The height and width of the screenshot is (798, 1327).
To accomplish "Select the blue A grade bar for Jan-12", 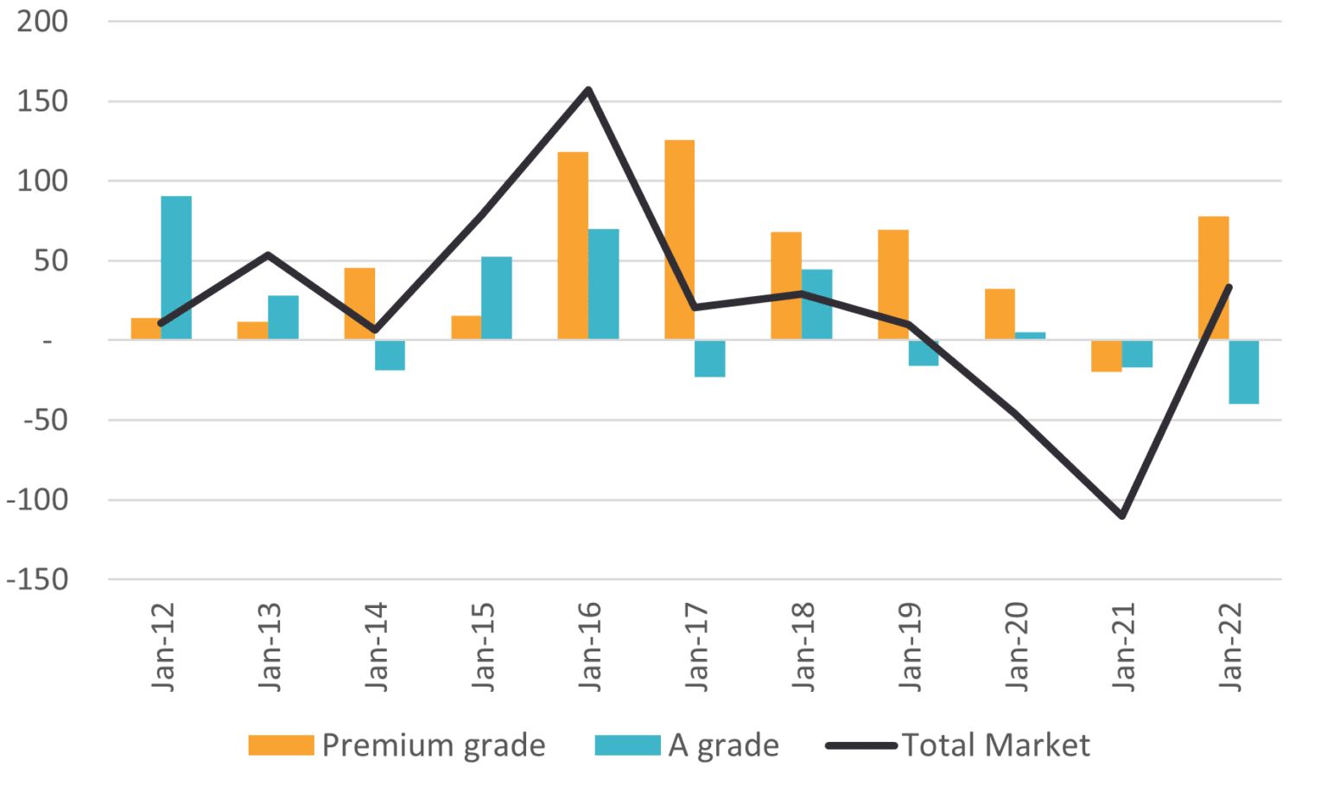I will [x=176, y=267].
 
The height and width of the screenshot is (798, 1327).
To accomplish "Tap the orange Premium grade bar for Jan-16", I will [x=573, y=245].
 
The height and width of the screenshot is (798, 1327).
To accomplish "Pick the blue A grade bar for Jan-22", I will [x=1244, y=372].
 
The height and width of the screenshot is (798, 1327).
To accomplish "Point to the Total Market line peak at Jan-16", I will [x=587, y=89].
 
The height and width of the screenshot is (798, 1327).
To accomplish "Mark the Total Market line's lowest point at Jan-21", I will [x=1121, y=516].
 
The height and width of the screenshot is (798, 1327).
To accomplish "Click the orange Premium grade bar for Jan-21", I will [x=1107, y=357].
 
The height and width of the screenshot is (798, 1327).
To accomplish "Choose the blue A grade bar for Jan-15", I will [x=497, y=297].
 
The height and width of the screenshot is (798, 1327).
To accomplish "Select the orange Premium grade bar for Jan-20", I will [x=1000, y=313].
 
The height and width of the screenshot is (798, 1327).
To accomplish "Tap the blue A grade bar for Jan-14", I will [x=390, y=356].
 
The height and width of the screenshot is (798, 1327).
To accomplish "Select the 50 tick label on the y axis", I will [x=50, y=262].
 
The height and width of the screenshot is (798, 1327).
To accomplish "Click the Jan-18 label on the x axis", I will [x=803, y=648].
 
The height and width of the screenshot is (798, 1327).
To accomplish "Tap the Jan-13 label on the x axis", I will [x=270, y=648].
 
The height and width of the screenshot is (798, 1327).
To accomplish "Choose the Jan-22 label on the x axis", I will [x=1229, y=648].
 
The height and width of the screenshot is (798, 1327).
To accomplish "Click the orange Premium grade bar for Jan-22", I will [x=1213, y=278].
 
